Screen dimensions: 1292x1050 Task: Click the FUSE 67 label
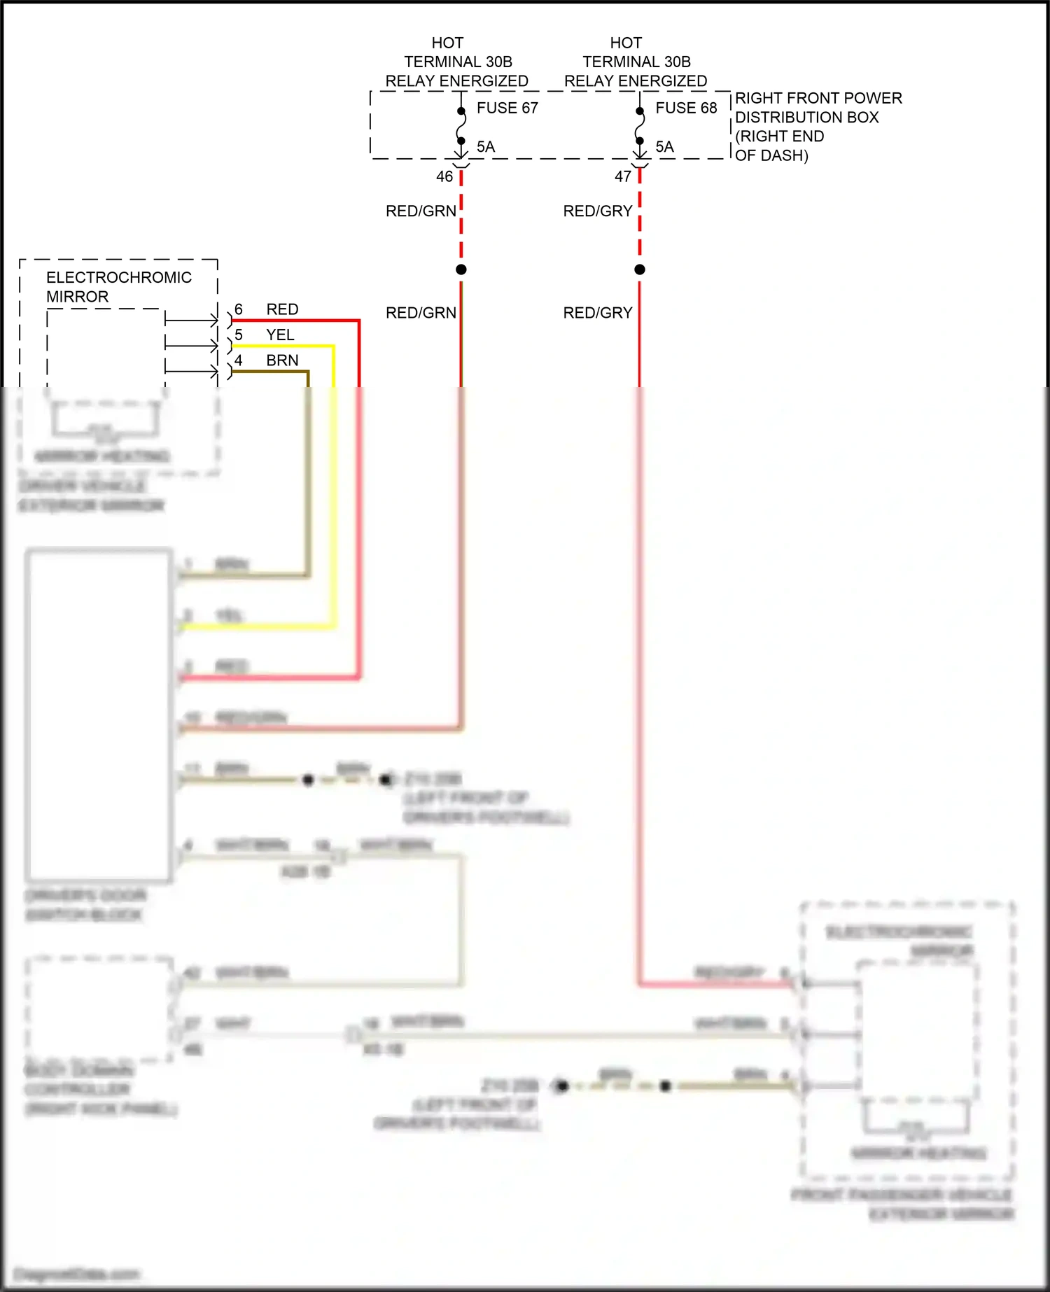pyautogui.click(x=507, y=108)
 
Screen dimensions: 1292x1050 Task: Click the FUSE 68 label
pyautogui.click(x=686, y=108)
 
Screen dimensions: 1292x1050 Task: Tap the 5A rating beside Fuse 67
pyautogui.click(x=486, y=146)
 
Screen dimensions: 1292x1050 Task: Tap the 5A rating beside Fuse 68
pyautogui.click(x=664, y=146)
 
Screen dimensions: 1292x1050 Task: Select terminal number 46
pyautogui.click(x=444, y=176)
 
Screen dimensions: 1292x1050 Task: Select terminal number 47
pyautogui.click(x=623, y=176)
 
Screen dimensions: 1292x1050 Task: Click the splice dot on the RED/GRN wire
pyautogui.click(x=461, y=269)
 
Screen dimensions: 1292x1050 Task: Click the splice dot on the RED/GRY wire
pyautogui.click(x=639, y=269)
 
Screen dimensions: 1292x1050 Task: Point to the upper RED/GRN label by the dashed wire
pyautogui.click(x=421, y=211)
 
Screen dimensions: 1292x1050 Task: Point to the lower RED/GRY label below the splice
pyautogui.click(x=598, y=313)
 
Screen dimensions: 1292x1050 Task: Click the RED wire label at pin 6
pyautogui.click(x=282, y=309)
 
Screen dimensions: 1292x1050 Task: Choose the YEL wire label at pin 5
pyautogui.click(x=280, y=335)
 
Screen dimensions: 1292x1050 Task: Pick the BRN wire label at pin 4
pyautogui.click(x=282, y=360)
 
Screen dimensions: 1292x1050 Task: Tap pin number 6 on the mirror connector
pyautogui.click(x=239, y=309)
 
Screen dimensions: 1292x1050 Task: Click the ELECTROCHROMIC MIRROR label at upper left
pyautogui.click(x=118, y=287)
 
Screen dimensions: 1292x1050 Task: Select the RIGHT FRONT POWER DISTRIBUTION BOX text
pyautogui.click(x=818, y=127)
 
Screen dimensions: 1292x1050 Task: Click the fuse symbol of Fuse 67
pyautogui.click(x=461, y=127)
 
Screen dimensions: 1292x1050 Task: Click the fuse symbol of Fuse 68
pyautogui.click(x=639, y=127)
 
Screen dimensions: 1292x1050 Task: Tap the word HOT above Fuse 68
pyautogui.click(x=626, y=43)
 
